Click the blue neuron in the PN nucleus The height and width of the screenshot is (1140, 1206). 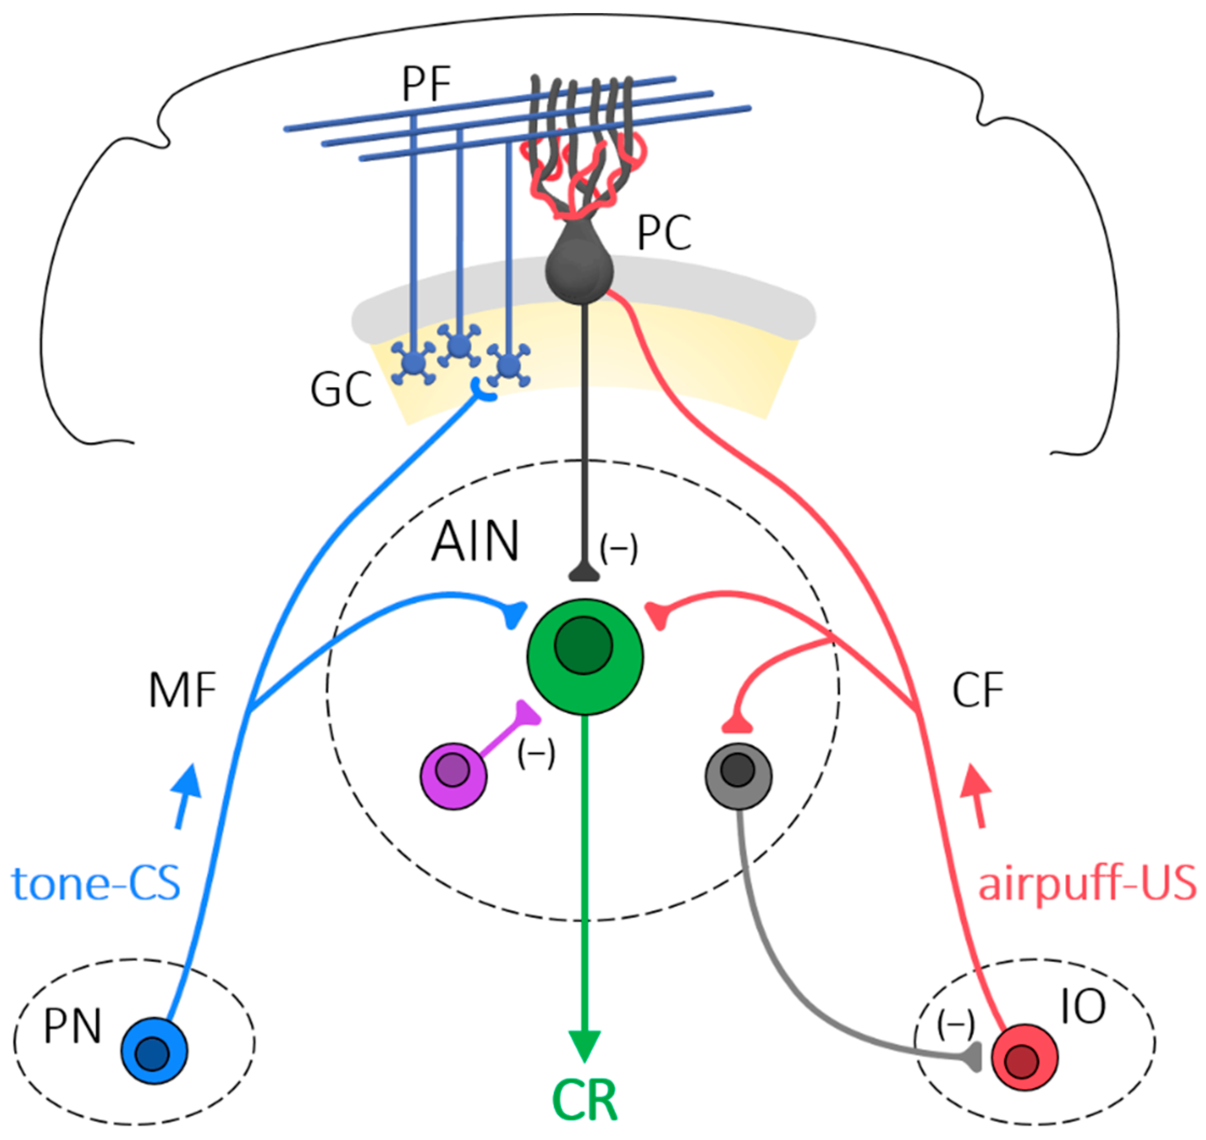pyautogui.click(x=155, y=1051)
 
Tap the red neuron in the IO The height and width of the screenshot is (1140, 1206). pyautogui.click(x=1025, y=1058)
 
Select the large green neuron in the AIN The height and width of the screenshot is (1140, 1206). pyautogui.click(x=585, y=657)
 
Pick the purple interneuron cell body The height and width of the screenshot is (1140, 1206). pyautogui.click(x=453, y=776)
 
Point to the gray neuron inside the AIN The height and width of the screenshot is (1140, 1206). pyautogui.click(x=738, y=776)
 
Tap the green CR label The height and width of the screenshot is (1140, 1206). pyautogui.click(x=585, y=1101)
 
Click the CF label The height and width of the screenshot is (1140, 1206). pyautogui.click(x=978, y=690)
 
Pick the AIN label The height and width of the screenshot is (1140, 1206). pyautogui.click(x=475, y=541)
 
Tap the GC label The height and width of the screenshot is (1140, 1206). pyautogui.click(x=341, y=389)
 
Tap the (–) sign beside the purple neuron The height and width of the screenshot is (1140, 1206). pyautogui.click(x=536, y=756)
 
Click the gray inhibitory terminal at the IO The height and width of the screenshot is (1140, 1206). pyautogui.click(x=973, y=1058)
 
